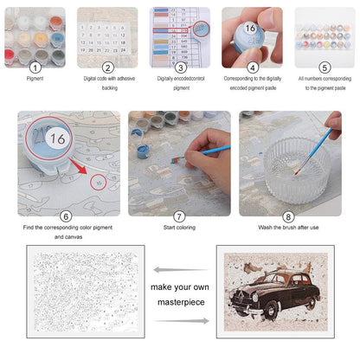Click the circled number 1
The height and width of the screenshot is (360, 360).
[x=35, y=67]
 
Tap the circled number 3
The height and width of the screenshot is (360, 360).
[x=180, y=67]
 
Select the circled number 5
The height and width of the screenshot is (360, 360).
[x=324, y=67]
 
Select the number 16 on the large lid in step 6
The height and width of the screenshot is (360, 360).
[x=57, y=139]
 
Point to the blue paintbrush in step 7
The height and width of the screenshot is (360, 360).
[x=203, y=151]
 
